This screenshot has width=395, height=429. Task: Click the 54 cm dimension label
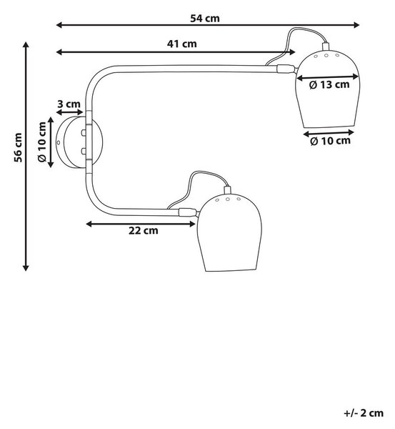coord(205,19)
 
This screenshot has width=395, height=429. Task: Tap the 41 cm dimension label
coord(181,44)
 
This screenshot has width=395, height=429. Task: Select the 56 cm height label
coord(18,147)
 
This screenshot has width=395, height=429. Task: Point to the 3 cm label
coord(69,104)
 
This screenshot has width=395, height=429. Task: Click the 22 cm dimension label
coord(144,230)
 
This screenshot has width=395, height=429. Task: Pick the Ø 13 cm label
coord(329,85)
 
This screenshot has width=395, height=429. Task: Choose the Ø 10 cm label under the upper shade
coord(330,141)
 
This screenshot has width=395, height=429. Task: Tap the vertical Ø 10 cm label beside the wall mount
coord(42,142)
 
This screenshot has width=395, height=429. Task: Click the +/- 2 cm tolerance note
coord(364,413)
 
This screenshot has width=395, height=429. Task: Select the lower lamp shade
coord(229,233)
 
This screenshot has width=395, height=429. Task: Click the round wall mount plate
coord(79,142)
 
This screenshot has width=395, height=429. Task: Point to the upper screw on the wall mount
coord(84,133)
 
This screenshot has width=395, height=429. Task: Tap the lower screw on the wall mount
coord(84,151)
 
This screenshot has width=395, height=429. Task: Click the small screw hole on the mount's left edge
coord(59,142)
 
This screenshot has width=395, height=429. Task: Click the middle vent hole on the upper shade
coord(326,56)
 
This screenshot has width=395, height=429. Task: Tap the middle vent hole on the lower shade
coord(227,199)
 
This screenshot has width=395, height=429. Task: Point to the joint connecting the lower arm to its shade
coord(188,212)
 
